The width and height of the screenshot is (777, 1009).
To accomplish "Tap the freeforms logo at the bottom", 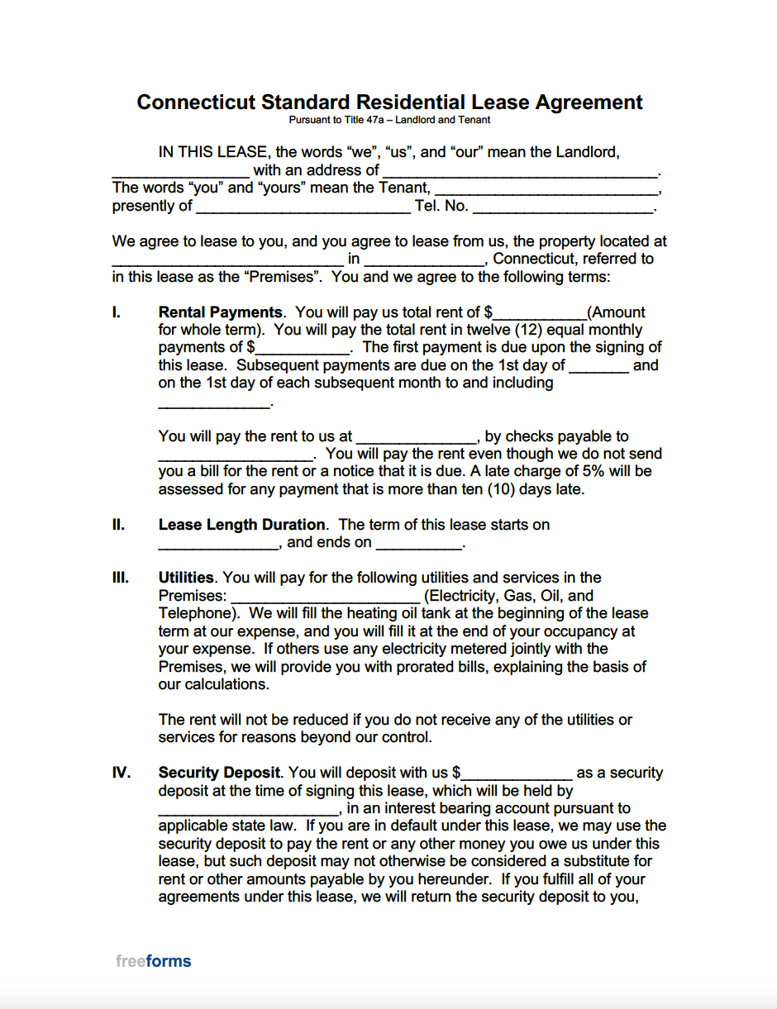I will (x=154, y=961).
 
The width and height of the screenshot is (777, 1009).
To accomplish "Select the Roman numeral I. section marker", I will (x=117, y=312).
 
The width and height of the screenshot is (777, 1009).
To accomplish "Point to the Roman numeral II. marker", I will (x=118, y=525).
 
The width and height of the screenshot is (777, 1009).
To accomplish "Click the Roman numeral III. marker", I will (x=121, y=578).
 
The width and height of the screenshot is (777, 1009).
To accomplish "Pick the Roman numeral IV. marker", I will (x=122, y=773).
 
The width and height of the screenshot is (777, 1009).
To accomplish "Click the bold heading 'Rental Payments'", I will (x=220, y=312).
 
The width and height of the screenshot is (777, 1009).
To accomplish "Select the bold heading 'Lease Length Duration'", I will (x=241, y=525).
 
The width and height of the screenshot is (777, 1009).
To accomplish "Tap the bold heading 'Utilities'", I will (x=186, y=578).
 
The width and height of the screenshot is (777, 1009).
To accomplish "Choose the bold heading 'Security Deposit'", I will (x=219, y=773).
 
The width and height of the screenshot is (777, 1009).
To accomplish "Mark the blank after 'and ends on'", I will (x=418, y=544).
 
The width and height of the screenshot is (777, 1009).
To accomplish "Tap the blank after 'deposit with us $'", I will (x=517, y=774).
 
